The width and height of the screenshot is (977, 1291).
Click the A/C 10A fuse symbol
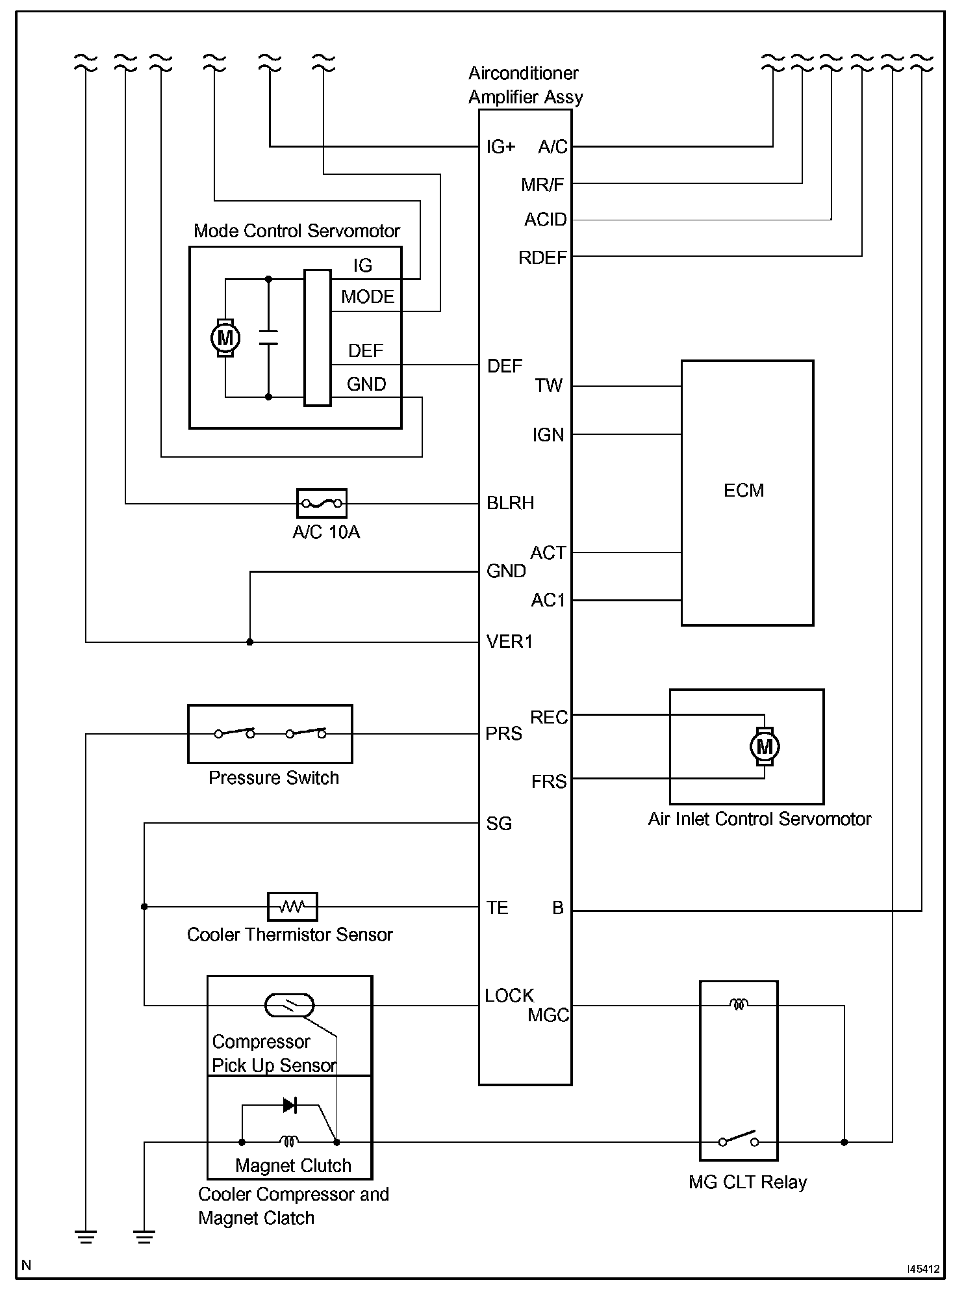322,503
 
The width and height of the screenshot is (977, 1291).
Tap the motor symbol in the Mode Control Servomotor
225,338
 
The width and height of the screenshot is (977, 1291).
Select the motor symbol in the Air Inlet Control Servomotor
765,746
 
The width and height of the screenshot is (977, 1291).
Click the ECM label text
744,490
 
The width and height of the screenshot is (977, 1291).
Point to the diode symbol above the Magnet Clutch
290,1104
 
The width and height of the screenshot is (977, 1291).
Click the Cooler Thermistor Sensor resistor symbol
292,906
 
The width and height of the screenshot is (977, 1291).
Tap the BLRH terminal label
511,503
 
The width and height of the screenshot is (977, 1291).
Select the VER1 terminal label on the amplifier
510,642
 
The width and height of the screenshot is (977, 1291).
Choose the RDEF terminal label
542,258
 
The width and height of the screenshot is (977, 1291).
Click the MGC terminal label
548,1015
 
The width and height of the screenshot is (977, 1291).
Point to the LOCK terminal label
509,995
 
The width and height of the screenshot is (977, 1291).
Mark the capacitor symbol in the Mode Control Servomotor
268,338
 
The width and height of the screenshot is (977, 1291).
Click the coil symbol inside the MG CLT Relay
739,1005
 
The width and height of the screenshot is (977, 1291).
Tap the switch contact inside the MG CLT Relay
739,1140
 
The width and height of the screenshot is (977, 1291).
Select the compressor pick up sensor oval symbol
290,1006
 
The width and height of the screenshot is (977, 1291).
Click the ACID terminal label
546,220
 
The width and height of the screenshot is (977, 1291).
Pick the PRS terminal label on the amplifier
504,734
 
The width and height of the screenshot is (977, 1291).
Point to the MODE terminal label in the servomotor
368,297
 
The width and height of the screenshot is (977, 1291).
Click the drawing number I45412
923,1268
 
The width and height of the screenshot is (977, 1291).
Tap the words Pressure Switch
273,778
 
